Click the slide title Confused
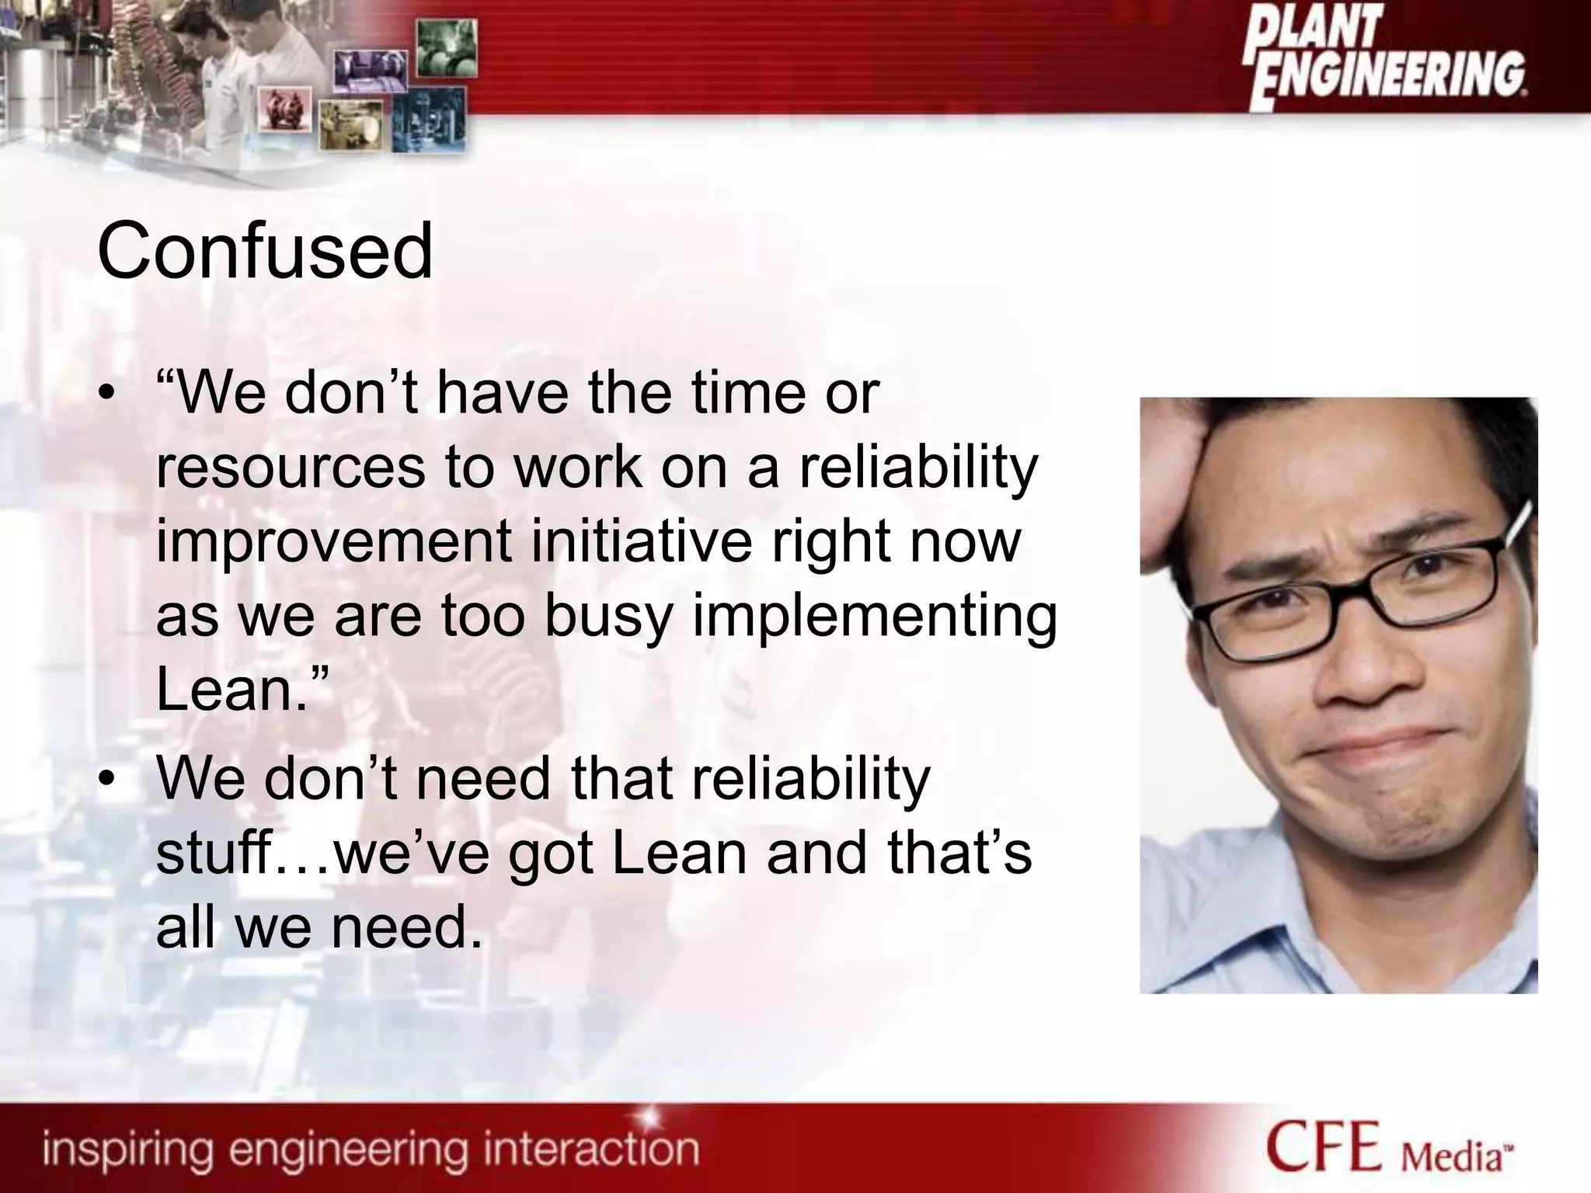tap(264, 251)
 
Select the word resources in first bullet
tap(291, 468)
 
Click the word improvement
tap(333, 542)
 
